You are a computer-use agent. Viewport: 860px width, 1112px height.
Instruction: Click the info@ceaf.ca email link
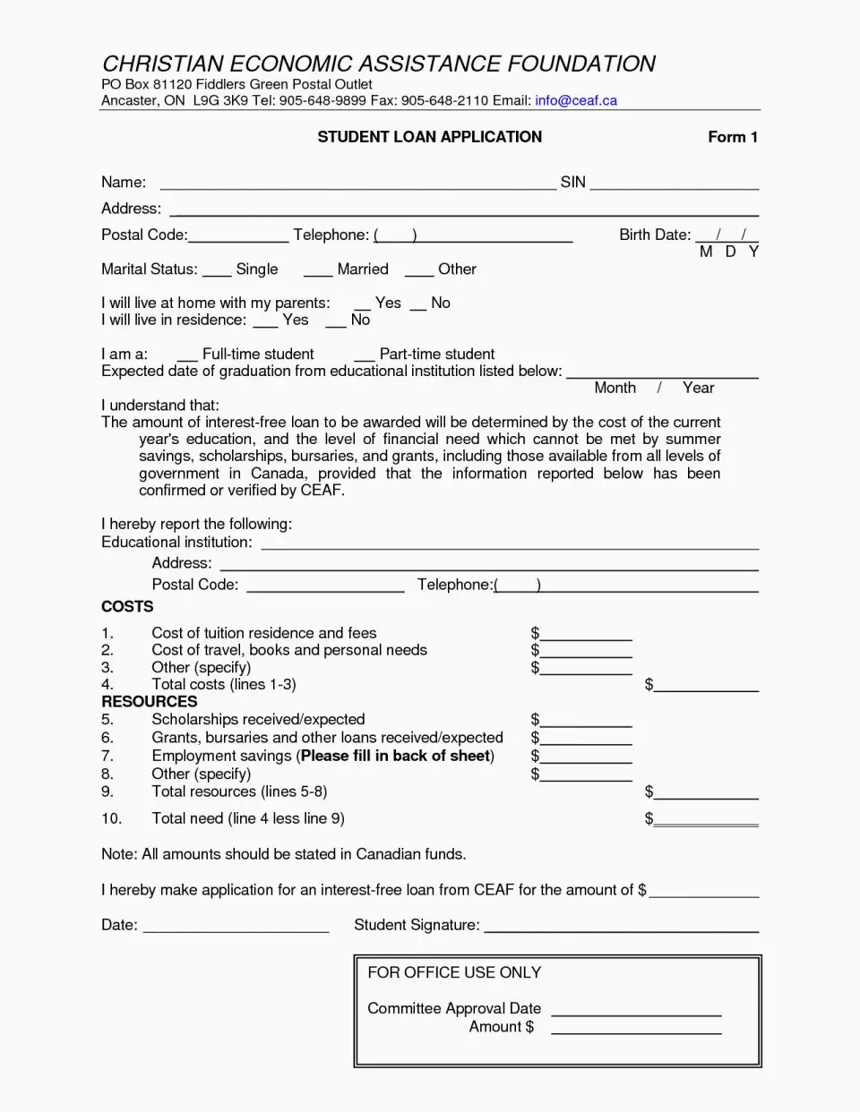pyautogui.click(x=576, y=100)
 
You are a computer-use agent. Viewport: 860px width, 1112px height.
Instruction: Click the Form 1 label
pyautogui.click(x=733, y=137)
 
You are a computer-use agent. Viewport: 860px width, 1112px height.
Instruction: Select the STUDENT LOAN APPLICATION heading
pyautogui.click(x=429, y=137)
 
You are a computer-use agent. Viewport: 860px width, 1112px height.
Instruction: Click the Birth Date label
pyautogui.click(x=655, y=235)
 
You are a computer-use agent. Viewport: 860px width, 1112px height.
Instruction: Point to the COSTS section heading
pyautogui.click(x=127, y=607)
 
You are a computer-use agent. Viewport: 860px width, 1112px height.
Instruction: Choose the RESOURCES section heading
pyautogui.click(x=149, y=702)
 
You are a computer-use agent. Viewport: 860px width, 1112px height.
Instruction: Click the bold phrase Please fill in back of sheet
pyautogui.click(x=395, y=756)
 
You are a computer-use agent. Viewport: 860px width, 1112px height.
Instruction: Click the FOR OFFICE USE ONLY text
pyautogui.click(x=454, y=972)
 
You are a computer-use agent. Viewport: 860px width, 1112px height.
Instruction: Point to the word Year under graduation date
pyautogui.click(x=698, y=388)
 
